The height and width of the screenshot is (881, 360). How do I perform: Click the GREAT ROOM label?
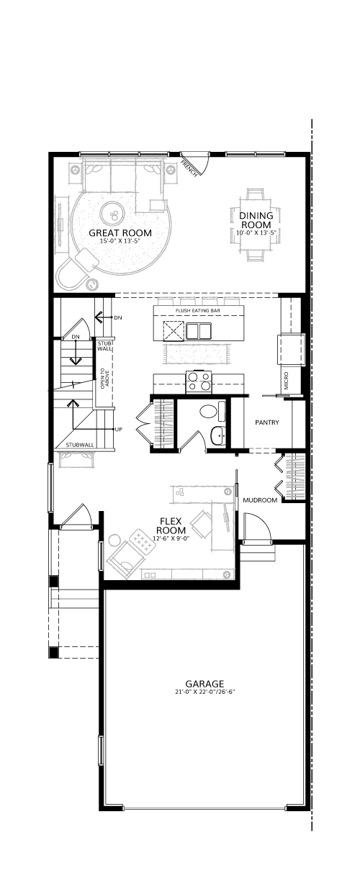[x=120, y=232]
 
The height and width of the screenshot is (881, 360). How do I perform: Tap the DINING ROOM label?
[x=256, y=220]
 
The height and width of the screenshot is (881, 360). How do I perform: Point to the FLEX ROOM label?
[x=171, y=526]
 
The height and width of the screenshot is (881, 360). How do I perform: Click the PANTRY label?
[x=267, y=423]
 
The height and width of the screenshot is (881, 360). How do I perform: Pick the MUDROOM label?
[x=260, y=500]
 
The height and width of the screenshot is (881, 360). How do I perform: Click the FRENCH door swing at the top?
[x=195, y=164]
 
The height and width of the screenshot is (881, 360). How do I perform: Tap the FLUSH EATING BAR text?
[x=197, y=311]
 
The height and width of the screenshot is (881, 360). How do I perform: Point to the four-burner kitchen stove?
[x=199, y=381]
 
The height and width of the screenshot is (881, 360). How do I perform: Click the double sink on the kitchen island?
[x=199, y=331]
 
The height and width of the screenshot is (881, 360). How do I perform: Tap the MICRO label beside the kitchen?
[x=286, y=380]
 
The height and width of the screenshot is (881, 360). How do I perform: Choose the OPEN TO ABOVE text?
[x=104, y=379]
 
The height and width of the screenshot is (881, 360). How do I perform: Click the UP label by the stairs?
[x=118, y=429]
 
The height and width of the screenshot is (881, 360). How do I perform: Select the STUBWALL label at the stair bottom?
[x=80, y=445]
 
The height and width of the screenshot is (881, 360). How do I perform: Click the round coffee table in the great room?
[x=113, y=214]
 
